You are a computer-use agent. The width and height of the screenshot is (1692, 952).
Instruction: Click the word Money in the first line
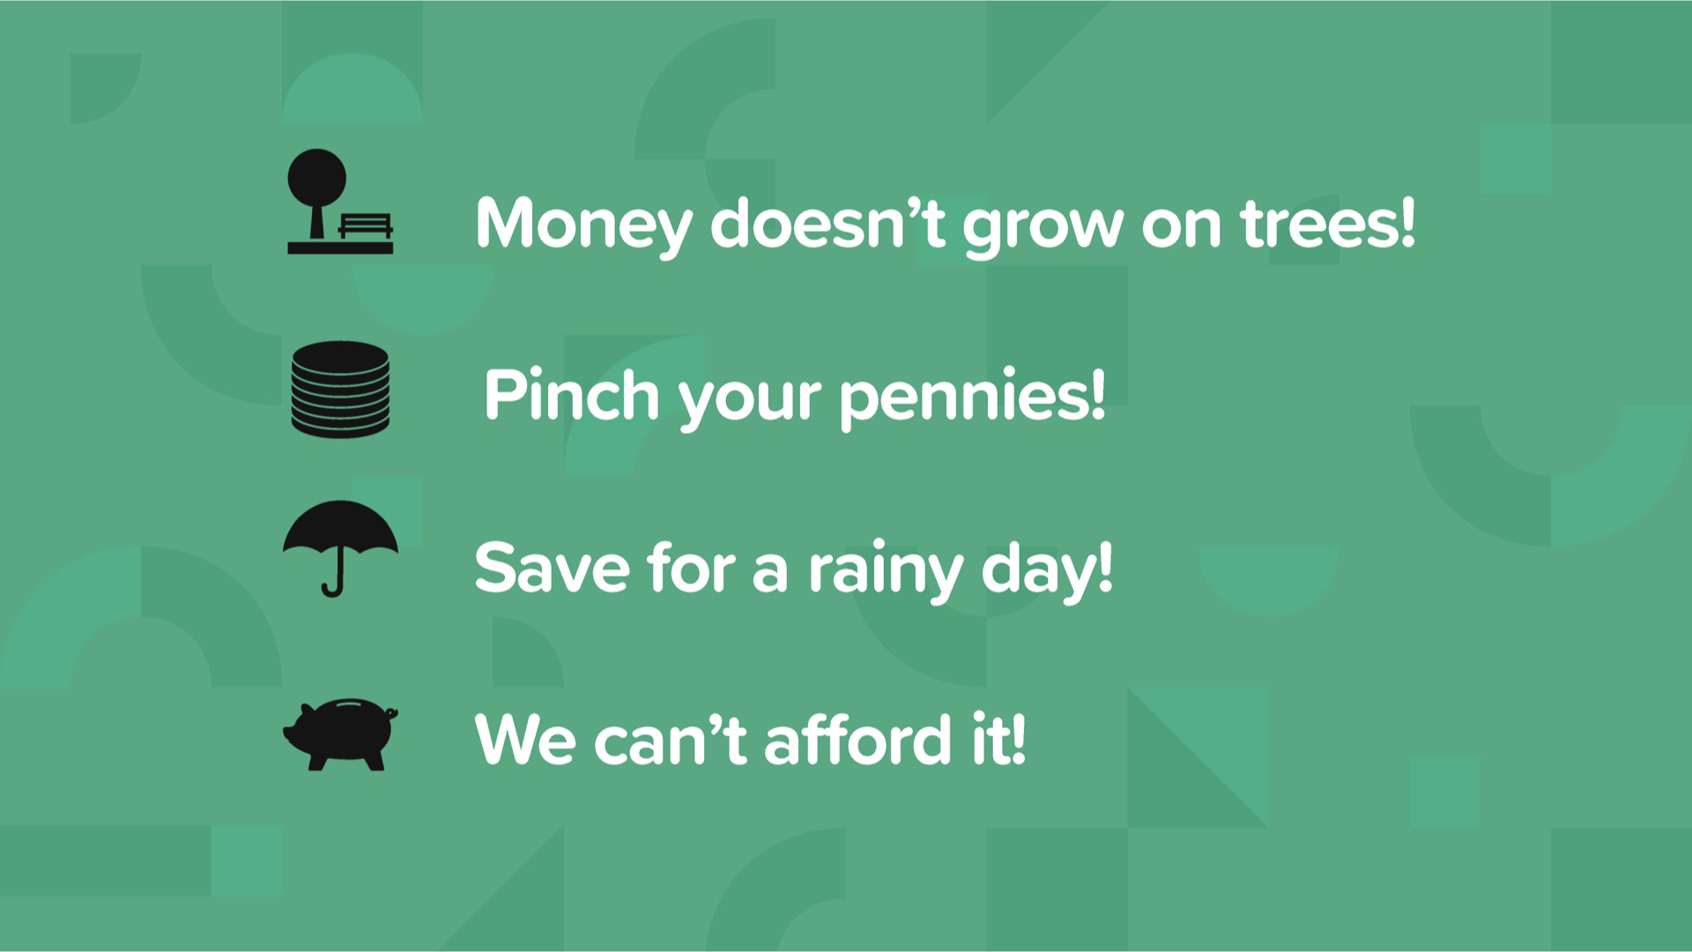(584, 225)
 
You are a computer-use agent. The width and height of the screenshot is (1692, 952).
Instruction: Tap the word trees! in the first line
(1327, 222)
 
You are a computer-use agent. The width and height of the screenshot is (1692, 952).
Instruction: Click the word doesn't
(827, 222)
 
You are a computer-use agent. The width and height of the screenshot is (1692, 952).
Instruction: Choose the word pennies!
(972, 398)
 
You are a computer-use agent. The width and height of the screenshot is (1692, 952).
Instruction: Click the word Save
(553, 568)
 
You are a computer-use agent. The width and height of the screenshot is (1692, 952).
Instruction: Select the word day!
(1047, 571)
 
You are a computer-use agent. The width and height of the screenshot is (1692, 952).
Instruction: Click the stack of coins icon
(340, 390)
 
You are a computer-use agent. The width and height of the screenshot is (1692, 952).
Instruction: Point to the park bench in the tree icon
(365, 226)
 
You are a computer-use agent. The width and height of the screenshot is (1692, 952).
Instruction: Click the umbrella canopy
(340, 527)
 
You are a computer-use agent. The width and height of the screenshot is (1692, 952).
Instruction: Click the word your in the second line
(750, 402)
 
